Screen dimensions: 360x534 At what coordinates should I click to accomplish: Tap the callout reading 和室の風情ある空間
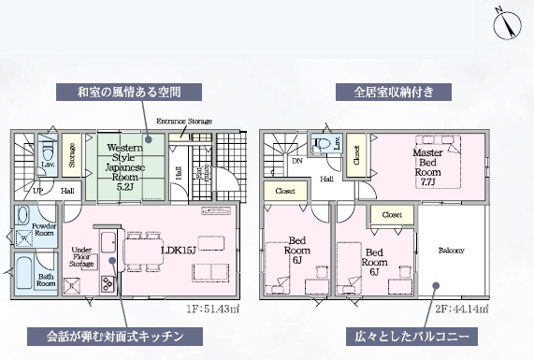[x=141, y=92]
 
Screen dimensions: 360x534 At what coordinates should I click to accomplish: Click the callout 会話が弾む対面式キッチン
[x=112, y=335]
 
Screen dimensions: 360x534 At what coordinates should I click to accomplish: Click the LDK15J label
[x=177, y=250]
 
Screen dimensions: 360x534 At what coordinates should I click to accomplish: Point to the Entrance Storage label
[x=184, y=122]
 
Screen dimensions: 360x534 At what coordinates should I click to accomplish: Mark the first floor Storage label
[x=72, y=154]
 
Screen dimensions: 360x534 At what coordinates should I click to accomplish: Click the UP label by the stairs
[x=37, y=191]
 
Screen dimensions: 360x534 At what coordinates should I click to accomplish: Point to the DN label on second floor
[x=296, y=161]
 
